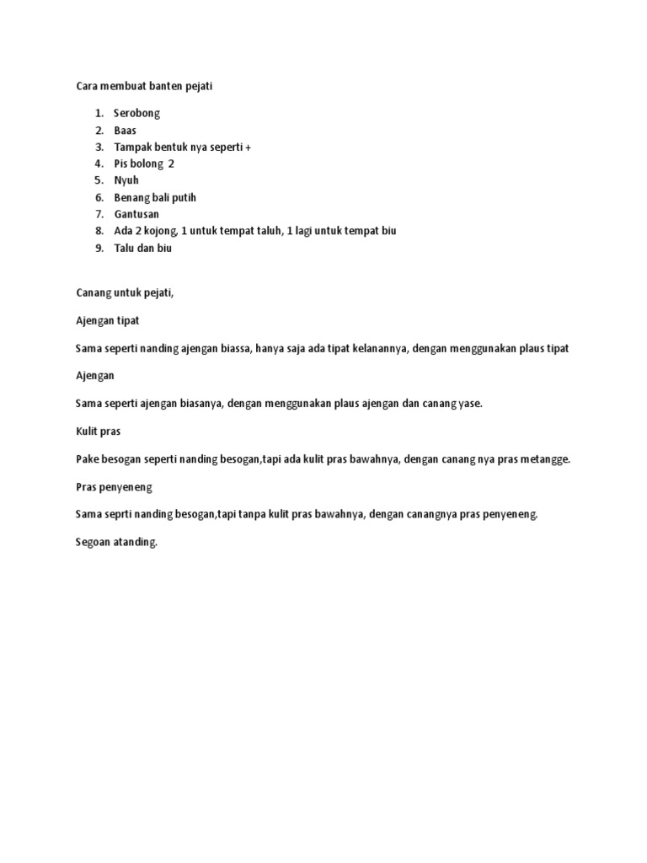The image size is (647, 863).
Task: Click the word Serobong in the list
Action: [136, 113]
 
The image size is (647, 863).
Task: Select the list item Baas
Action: [126, 130]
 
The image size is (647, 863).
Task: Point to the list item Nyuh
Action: [126, 180]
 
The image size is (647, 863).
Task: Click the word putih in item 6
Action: [184, 197]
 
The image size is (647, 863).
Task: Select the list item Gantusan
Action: [136, 214]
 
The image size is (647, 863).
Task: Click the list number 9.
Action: [99, 248]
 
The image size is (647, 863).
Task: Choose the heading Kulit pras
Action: [99, 431]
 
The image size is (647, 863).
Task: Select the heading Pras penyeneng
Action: [114, 486]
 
